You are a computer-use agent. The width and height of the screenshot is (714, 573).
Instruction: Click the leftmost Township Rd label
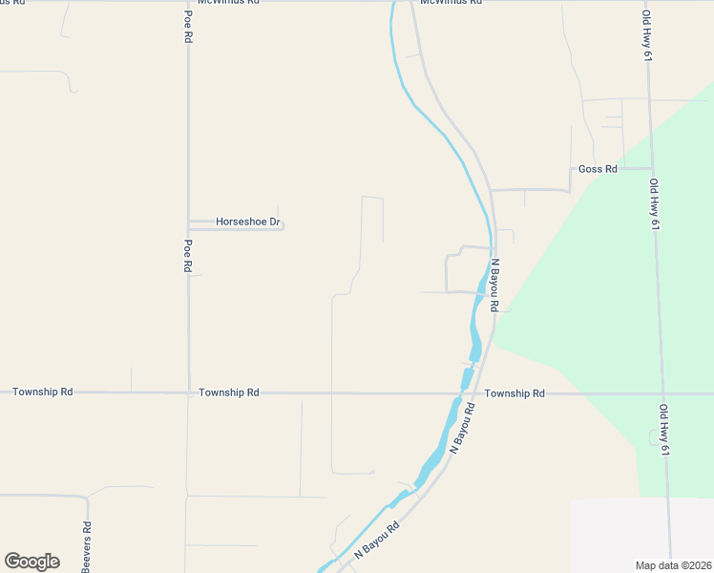(42, 393)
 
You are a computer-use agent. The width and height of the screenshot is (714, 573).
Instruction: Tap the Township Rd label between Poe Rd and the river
(229, 393)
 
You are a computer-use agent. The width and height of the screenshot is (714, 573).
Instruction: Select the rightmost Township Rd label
(514, 393)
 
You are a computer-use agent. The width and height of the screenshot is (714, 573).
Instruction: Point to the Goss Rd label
(598, 169)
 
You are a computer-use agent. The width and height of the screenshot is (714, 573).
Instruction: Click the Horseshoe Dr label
(247, 223)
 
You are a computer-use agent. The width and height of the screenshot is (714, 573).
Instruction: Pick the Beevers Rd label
(86, 546)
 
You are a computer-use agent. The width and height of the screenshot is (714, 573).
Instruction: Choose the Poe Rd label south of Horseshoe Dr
(188, 256)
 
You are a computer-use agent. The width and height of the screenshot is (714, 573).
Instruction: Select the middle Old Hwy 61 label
(654, 204)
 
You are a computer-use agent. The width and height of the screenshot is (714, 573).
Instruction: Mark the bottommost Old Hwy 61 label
(663, 430)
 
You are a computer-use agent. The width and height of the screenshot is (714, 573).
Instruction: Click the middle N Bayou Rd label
(462, 427)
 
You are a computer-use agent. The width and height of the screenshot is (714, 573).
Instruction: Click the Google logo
(31, 561)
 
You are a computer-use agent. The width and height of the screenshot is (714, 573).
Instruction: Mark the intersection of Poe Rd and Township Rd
(188, 393)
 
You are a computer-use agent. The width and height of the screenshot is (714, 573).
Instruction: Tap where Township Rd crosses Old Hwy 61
(661, 393)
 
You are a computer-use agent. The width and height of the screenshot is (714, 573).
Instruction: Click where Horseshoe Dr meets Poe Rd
(188, 225)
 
